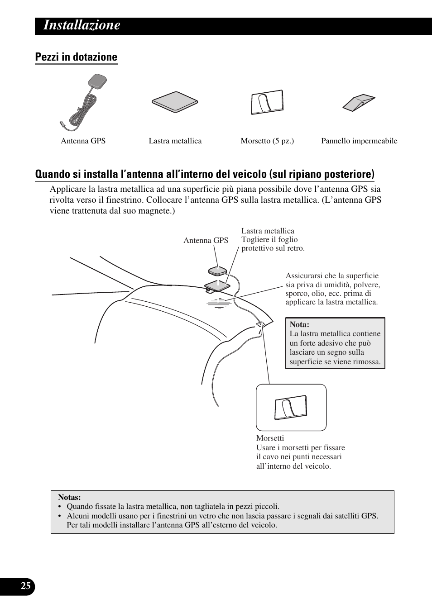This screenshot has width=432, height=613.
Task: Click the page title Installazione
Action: click(82, 25)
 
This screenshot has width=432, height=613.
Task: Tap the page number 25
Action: click(26, 586)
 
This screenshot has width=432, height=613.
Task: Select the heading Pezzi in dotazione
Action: click(76, 57)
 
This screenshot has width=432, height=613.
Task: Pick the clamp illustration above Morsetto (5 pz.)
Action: click(267, 102)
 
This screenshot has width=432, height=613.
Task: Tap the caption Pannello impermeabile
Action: click(359, 141)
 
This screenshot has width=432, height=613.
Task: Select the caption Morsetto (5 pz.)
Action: click(267, 141)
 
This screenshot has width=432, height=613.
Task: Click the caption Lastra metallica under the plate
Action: click(175, 141)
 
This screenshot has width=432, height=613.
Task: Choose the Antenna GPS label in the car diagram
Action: click(206, 241)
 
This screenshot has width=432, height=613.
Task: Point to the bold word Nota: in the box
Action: click(299, 324)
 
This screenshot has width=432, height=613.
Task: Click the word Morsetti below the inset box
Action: click(270, 438)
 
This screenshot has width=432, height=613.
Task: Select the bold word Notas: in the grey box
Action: click(69, 497)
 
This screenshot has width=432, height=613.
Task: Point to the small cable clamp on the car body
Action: click(261, 325)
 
